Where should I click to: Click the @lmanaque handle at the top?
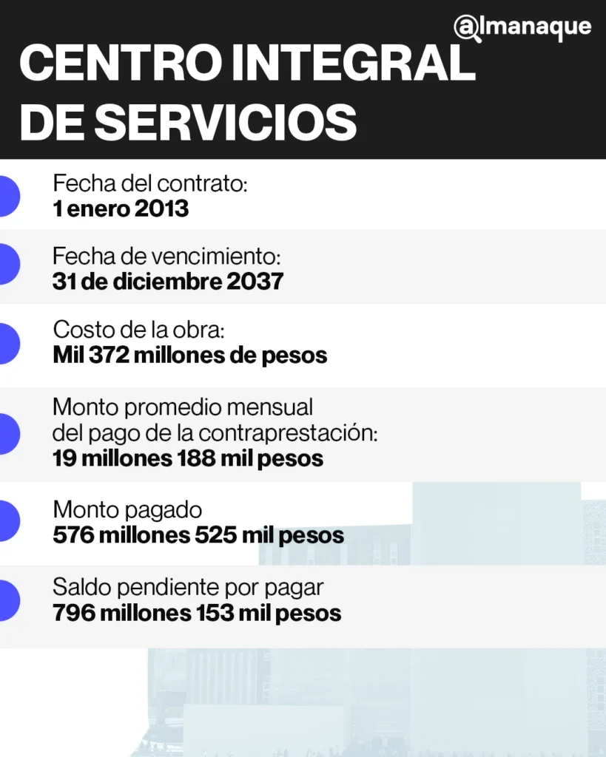point(522,27)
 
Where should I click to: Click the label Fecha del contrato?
point(149,183)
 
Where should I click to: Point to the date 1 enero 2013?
point(121,208)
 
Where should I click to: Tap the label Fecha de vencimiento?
point(167,257)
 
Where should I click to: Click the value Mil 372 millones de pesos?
point(189,355)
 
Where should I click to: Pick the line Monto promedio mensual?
point(183,407)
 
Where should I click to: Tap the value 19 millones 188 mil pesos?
point(188,458)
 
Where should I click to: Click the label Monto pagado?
point(127,509)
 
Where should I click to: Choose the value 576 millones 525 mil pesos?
point(198,534)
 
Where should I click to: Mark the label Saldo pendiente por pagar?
point(188,588)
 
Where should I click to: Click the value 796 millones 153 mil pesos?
point(197,613)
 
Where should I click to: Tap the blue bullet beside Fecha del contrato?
point(7,196)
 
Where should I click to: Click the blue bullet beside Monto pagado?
point(7,521)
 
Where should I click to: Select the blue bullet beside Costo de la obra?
point(7,343)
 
